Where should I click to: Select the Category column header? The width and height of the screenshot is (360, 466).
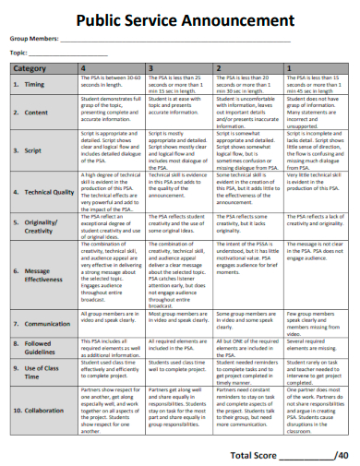tap(30, 69)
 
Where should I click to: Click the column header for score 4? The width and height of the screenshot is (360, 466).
tap(86, 69)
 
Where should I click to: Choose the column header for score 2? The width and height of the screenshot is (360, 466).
tap(218, 69)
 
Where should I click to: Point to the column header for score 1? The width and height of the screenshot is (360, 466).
tap(289, 69)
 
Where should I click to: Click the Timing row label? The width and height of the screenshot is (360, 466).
tap(34, 84)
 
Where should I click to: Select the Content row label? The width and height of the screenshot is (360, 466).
tap(36, 112)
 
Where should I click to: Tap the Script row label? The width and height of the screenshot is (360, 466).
tap(33, 149)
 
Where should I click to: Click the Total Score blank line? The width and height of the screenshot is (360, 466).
tap(307, 455)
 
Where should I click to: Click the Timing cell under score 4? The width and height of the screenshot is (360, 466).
tap(109, 84)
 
